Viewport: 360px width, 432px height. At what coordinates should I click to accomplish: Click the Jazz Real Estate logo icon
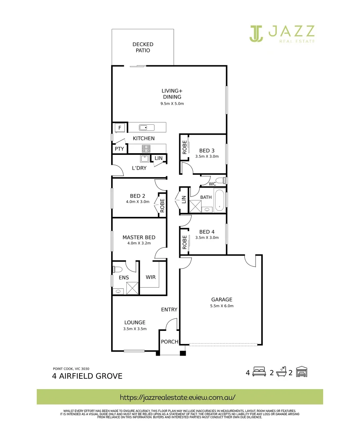coord(256,33)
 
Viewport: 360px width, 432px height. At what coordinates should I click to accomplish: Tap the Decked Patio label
coord(143,48)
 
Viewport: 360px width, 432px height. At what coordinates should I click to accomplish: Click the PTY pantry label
coord(119,149)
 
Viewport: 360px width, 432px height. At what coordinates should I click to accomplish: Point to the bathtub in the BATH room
coord(220,200)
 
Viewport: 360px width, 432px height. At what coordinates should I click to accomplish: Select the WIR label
coord(151,277)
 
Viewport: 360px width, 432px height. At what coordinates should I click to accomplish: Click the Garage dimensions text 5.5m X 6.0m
coord(222,306)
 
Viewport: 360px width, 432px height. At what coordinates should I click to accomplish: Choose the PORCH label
coord(169,342)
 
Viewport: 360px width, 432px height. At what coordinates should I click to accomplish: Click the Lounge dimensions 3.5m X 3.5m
coord(134,329)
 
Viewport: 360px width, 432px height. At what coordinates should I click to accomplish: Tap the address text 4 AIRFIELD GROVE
coord(87,376)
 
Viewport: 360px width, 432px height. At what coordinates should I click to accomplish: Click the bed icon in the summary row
coord(259,373)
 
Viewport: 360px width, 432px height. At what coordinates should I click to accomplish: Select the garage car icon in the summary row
coord(302,372)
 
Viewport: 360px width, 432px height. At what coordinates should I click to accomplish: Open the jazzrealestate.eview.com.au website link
coord(178,398)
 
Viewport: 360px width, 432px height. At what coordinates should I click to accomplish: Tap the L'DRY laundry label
coord(139,168)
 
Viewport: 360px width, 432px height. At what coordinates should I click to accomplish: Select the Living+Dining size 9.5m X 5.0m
coord(172,104)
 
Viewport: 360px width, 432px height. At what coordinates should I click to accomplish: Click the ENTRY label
coord(169,310)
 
